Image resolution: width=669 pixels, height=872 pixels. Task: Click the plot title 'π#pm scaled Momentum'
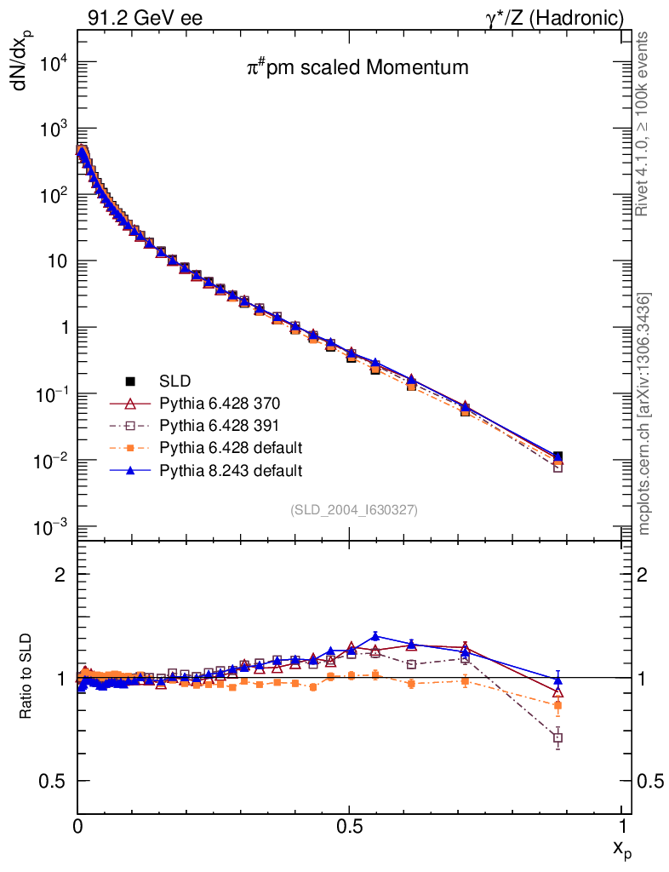coord(357,68)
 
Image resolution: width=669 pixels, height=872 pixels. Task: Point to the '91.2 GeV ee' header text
coord(145,18)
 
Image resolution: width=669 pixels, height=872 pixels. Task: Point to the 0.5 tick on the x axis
coord(349,827)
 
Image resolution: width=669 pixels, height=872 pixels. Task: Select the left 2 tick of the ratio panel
coord(60,575)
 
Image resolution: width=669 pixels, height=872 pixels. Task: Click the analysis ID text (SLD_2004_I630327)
coord(354,509)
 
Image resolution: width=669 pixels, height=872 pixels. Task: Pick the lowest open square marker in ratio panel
coord(557,737)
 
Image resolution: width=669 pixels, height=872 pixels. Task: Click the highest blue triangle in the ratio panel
coord(376,635)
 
